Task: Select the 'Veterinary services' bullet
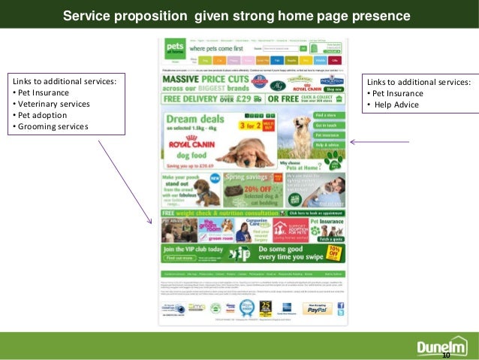(52, 104)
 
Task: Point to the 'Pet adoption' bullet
(42, 116)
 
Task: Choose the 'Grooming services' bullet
(52, 126)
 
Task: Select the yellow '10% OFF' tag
(333, 251)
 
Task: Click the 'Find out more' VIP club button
(179, 258)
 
